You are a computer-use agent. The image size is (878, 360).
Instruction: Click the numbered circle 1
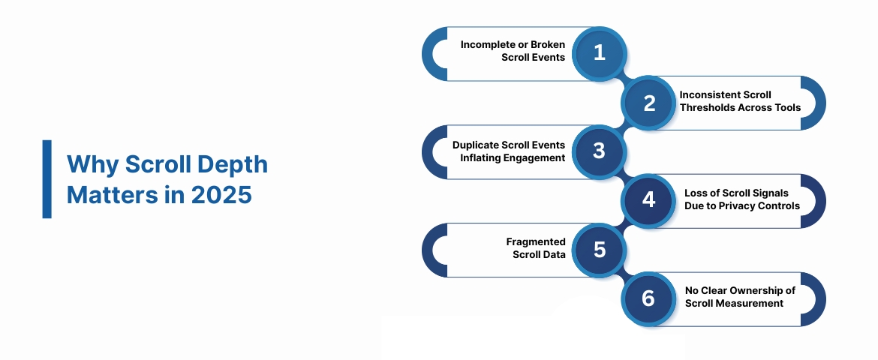pos(599,53)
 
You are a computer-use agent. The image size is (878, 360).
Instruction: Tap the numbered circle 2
pos(649,103)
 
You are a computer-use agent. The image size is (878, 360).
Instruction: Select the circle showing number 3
pos(599,151)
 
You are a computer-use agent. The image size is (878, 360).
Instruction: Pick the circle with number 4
pos(649,200)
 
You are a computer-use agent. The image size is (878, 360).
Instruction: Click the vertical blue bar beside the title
pos(47,179)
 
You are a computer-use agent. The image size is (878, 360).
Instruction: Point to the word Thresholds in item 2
pos(707,107)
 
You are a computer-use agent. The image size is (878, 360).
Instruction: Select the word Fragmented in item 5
pos(536,241)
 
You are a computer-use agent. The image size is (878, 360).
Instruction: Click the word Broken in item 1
pos(549,45)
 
